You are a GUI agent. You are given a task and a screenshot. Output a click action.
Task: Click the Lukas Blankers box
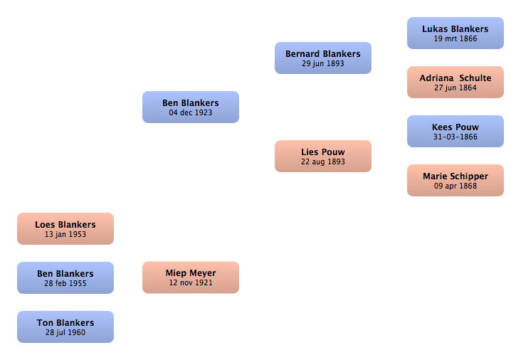(x=456, y=33)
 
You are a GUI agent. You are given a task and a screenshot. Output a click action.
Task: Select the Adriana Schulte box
(x=456, y=82)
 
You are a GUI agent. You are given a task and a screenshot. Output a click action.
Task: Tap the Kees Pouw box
(x=456, y=131)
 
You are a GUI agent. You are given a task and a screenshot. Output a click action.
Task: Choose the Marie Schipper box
(x=456, y=180)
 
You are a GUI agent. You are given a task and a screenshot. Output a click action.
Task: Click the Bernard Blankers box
(x=323, y=58)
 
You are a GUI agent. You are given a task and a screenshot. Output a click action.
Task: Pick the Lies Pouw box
(x=323, y=156)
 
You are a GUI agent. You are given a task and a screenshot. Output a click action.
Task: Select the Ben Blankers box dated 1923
(x=191, y=107)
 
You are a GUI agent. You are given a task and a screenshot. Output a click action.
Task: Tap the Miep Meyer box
(x=191, y=277)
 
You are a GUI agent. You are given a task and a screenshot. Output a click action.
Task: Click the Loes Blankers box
(x=65, y=229)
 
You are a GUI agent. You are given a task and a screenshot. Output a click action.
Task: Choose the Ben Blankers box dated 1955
(x=65, y=277)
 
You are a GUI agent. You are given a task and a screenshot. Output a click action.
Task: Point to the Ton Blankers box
(x=65, y=327)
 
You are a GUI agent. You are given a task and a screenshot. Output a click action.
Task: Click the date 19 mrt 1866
(x=456, y=38)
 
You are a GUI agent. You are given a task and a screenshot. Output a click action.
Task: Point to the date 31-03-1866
(x=456, y=137)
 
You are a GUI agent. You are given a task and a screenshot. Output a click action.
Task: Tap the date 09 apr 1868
(x=456, y=186)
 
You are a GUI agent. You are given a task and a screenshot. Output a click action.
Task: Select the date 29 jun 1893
(x=323, y=64)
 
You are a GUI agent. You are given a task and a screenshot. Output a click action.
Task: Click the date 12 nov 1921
(x=191, y=282)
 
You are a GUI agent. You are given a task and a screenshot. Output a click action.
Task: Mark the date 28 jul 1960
(x=65, y=332)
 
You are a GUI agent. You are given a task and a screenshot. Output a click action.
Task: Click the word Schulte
(x=475, y=78)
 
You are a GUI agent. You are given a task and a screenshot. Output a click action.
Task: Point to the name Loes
(x=45, y=225)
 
